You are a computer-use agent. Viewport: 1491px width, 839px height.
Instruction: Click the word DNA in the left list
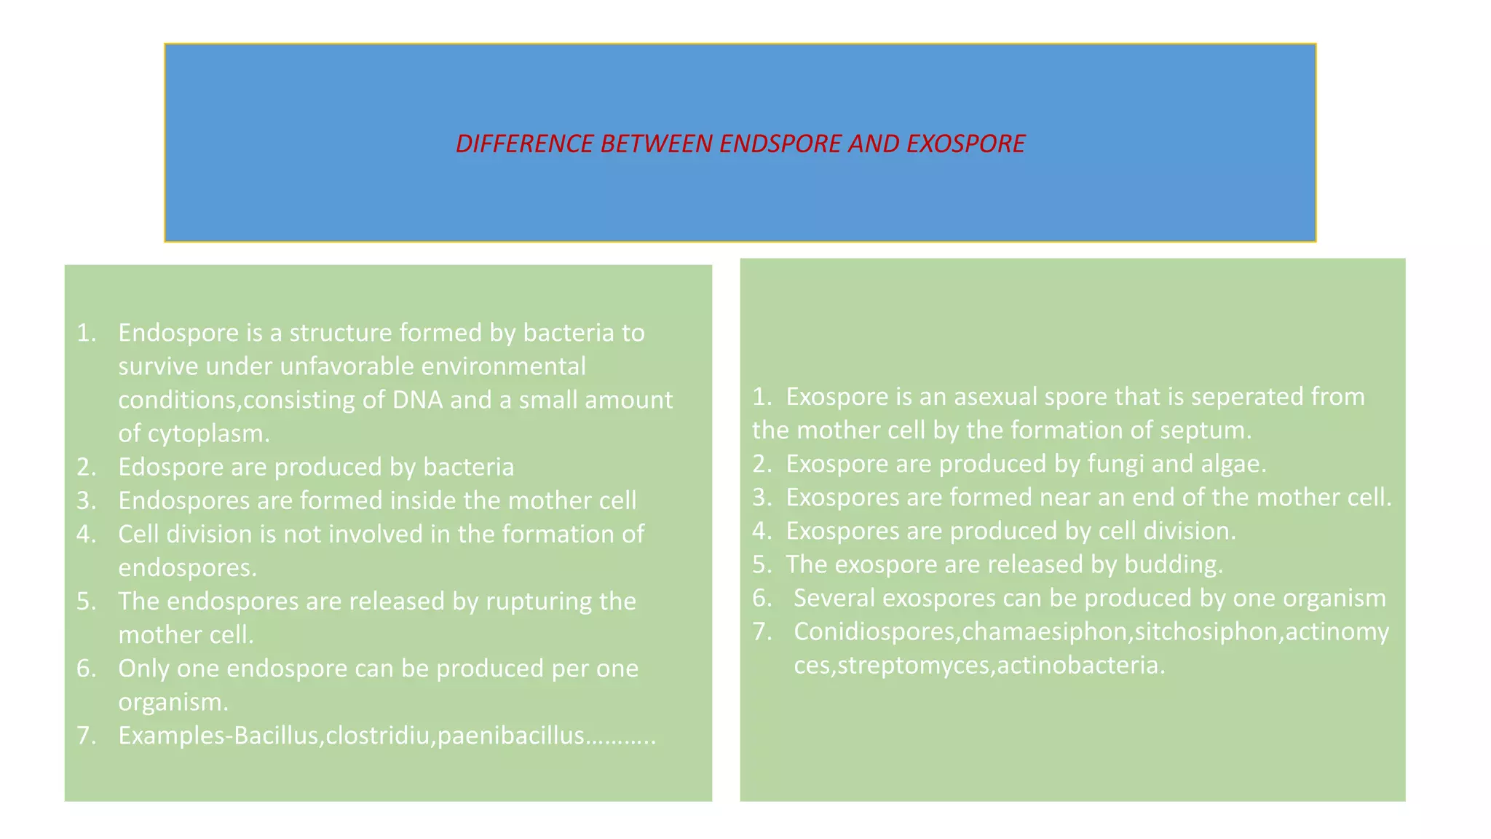417,400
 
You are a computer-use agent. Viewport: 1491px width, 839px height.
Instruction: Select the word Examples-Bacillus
218,736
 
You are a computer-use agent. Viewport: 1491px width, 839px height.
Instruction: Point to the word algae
1232,464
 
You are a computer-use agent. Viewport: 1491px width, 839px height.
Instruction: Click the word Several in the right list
834,598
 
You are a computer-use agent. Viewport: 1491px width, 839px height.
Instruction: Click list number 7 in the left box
87,736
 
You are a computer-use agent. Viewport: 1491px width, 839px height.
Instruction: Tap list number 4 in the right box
762,531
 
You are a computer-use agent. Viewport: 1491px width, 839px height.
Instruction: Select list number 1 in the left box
87,333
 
